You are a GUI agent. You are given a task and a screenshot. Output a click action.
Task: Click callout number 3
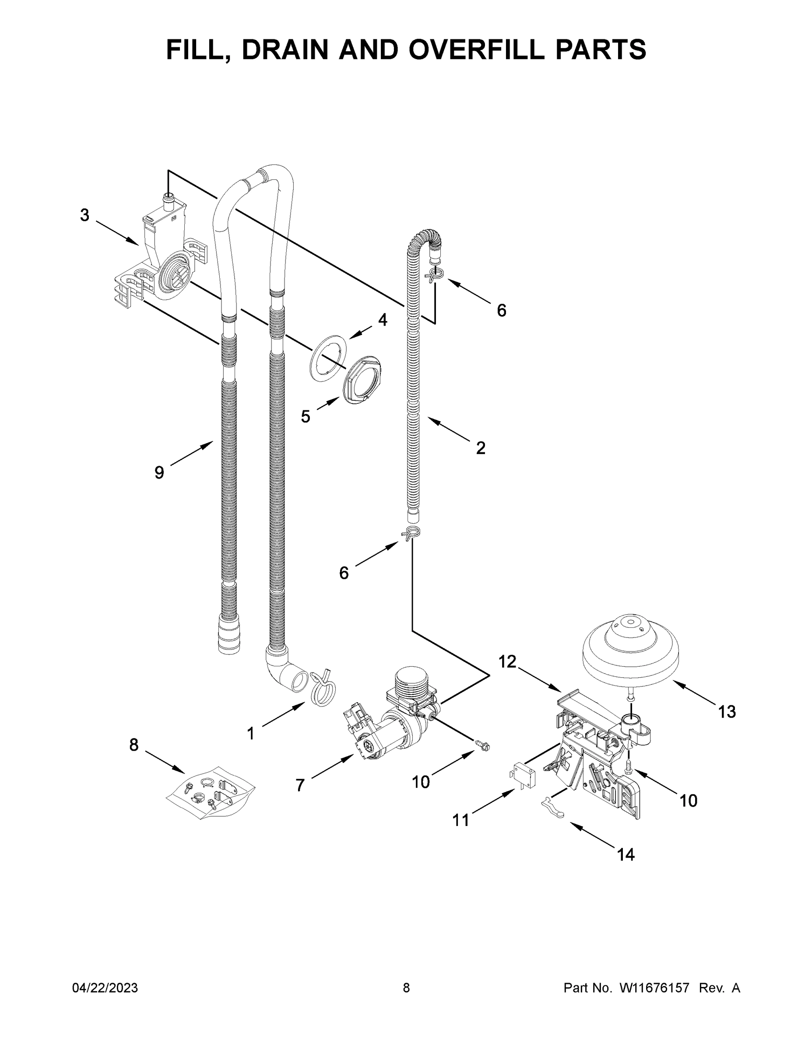pyautogui.click(x=84, y=215)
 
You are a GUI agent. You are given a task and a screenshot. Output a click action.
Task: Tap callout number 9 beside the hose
pyautogui.click(x=159, y=472)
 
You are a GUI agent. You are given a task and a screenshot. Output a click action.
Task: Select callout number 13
pyautogui.click(x=726, y=711)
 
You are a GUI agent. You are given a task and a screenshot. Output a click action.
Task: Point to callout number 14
pyautogui.click(x=626, y=854)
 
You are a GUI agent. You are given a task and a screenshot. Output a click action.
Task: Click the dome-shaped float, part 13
pyautogui.click(x=630, y=651)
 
